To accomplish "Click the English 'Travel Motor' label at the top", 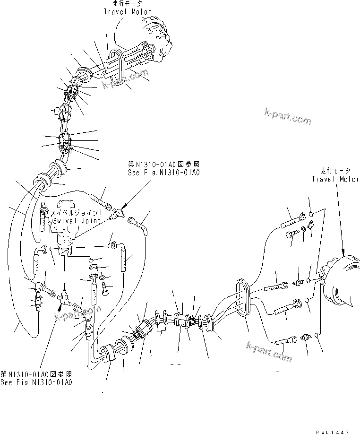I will [128, 11].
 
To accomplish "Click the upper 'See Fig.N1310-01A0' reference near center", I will [163, 173].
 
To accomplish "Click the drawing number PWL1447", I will [334, 431].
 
